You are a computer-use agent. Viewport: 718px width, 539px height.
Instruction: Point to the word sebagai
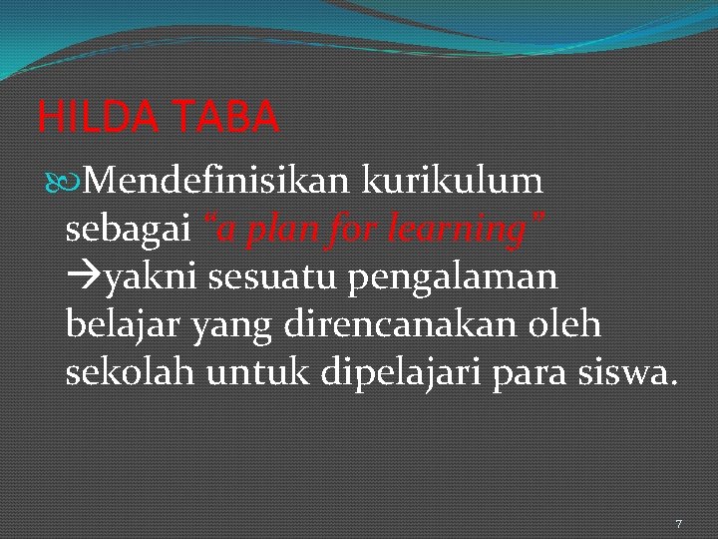tap(128, 231)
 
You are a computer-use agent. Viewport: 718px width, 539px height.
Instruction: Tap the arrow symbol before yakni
tap(83, 278)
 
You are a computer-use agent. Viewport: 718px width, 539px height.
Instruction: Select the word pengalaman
tap(454, 278)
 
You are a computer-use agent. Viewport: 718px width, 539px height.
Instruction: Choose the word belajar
tap(122, 325)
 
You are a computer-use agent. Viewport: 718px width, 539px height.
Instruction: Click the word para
tap(536, 374)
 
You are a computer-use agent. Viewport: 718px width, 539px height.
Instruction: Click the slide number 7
tap(679, 524)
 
